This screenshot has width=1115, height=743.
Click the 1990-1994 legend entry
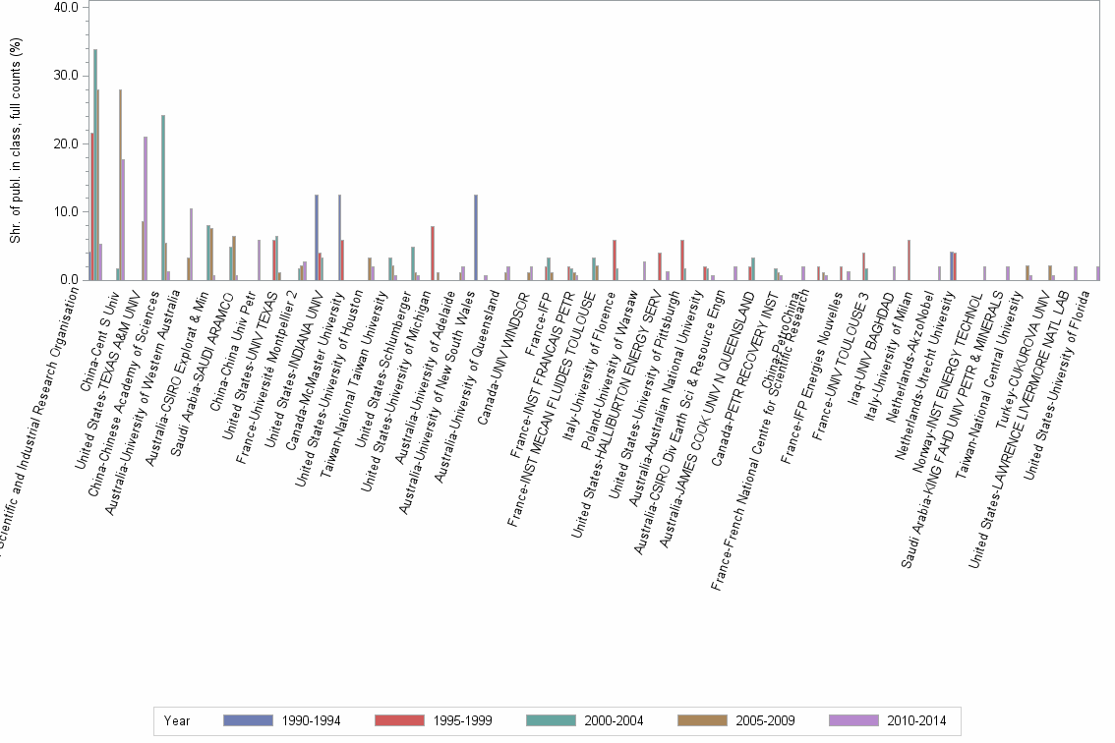282,720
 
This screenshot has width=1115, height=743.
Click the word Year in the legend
178,720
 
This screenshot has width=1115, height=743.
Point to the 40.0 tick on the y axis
65,8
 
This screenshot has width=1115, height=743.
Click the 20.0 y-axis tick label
65,143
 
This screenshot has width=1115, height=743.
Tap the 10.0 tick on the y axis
65,211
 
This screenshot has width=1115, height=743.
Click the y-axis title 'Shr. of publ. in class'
15,143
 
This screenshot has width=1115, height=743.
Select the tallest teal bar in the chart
95,164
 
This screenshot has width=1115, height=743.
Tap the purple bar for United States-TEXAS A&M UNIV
146,208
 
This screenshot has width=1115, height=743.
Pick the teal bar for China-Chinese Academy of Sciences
163,198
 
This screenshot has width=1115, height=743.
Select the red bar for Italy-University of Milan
909,260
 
